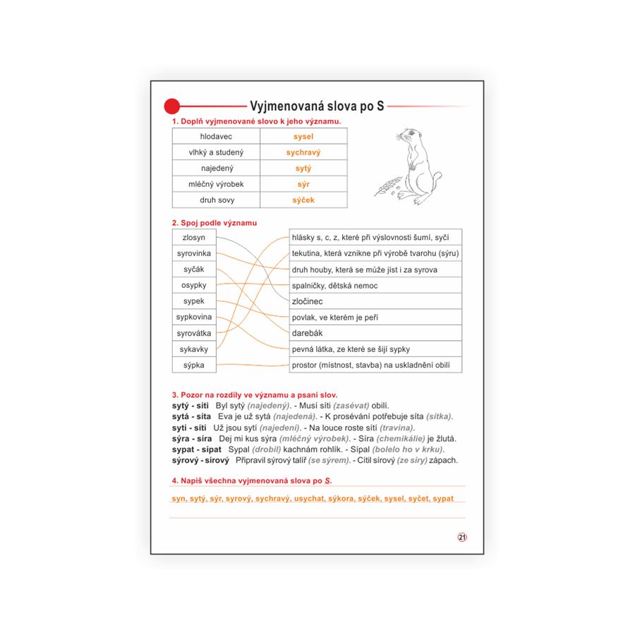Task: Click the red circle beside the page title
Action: (x=171, y=107)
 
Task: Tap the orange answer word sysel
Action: (x=303, y=137)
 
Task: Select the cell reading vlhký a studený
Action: (x=216, y=152)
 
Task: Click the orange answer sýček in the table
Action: (x=303, y=200)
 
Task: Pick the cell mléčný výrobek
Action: (x=216, y=184)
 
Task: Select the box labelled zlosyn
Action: (x=193, y=238)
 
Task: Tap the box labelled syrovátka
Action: (x=193, y=333)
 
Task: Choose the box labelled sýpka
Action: (x=193, y=365)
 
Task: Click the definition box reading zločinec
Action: (x=308, y=301)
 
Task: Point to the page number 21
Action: (x=462, y=537)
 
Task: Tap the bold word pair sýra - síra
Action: (x=192, y=438)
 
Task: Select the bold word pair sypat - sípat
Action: (x=193, y=449)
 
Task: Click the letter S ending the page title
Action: (x=380, y=107)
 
